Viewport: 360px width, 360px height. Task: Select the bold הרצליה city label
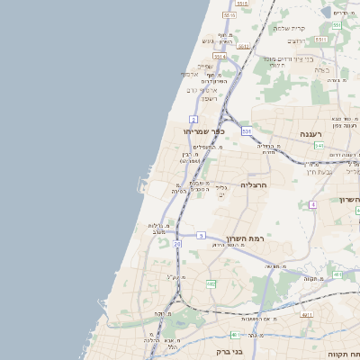click(256, 184)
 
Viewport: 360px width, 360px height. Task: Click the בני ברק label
click(229, 352)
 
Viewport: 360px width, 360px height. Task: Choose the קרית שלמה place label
click(291, 28)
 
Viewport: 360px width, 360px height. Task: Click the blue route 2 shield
click(193, 119)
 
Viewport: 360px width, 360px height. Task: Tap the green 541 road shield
click(319, 145)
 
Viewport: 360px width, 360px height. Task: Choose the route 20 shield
click(177, 244)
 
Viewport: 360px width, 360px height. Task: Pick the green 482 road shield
click(211, 283)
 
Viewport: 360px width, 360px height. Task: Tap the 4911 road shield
click(307, 315)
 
